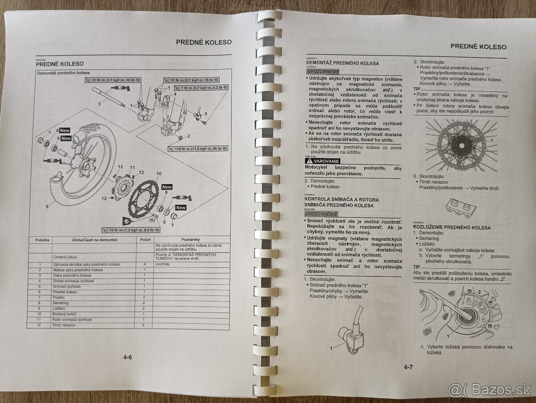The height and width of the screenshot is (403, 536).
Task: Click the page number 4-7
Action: [408, 368]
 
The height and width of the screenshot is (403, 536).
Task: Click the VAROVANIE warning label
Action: [322, 161]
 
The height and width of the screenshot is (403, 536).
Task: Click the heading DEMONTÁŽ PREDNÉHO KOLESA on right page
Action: [342, 64]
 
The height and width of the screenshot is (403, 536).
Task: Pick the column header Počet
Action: [145, 240]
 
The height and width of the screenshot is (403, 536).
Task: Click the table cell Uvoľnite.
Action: [163, 264]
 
